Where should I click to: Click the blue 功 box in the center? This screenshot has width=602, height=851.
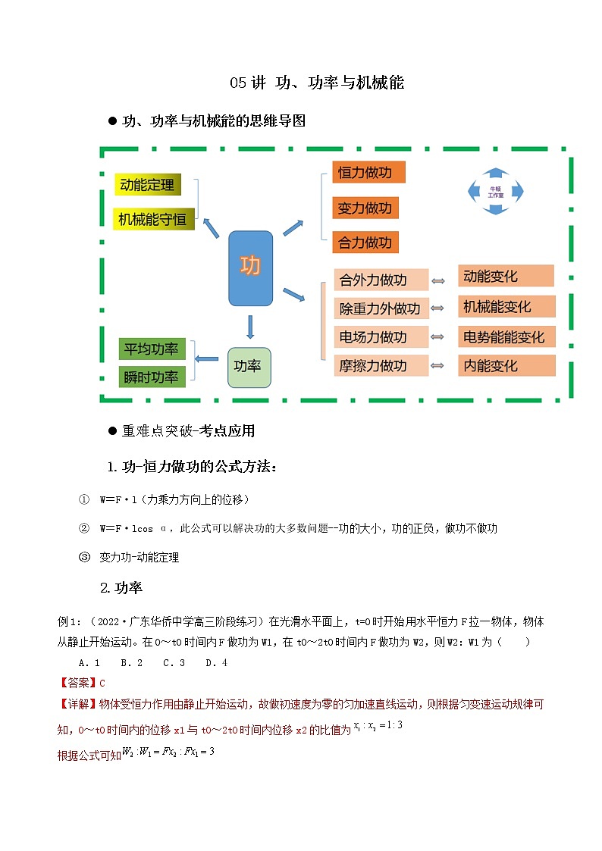coord(250,268)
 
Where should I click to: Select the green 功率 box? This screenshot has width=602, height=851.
coord(249,367)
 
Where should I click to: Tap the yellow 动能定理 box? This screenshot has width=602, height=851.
coord(147,184)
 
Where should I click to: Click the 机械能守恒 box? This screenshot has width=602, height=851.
coord(153,219)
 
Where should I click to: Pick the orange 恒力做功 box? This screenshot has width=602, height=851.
coord(368,173)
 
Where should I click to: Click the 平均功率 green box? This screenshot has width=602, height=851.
coord(152,349)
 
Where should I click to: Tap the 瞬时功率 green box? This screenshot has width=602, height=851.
coord(152,377)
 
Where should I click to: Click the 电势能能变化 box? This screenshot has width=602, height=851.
coord(506,337)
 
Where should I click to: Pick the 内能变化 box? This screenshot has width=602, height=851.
coord(506,366)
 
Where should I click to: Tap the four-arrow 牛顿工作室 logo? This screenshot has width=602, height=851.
coord(496,192)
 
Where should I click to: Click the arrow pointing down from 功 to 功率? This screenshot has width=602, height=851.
coord(250,326)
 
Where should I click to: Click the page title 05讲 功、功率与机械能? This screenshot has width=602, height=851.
coord(317,83)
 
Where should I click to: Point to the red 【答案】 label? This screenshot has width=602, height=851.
coord(78,683)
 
